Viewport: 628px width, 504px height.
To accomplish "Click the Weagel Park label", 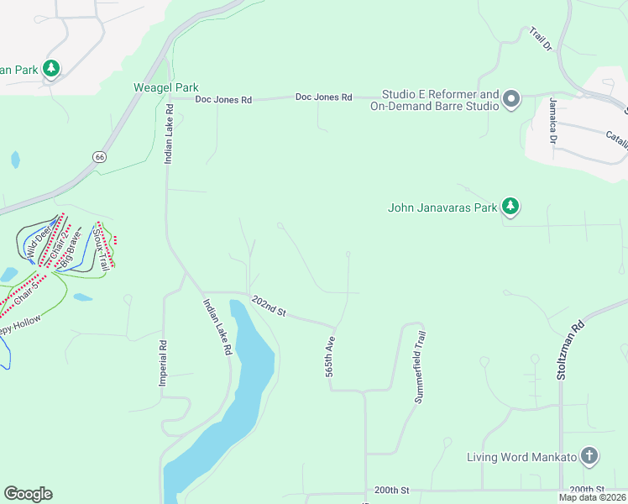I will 165,87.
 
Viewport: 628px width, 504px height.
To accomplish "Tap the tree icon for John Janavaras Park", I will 510,206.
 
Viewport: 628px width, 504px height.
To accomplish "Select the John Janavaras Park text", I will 442,207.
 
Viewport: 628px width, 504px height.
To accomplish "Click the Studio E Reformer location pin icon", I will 511,102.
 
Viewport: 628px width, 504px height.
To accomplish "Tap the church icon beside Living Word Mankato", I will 589,457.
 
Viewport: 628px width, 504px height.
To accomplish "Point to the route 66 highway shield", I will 100,156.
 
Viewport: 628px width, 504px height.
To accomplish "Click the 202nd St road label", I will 269,307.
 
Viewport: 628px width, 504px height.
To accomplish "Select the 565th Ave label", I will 330,358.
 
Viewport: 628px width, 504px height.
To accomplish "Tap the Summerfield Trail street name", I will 420,366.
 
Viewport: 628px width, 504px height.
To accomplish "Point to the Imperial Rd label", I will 164,363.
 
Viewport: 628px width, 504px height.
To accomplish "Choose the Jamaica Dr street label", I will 553,121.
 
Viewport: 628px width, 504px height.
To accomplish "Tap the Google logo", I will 28,494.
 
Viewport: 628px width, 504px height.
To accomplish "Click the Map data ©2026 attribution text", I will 592,497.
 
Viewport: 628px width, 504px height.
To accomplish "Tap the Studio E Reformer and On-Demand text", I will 441,101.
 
